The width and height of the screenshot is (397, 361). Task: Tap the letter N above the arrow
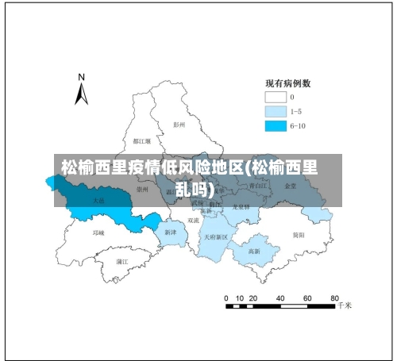coord(81,78)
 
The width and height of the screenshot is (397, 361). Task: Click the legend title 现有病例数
coord(287,83)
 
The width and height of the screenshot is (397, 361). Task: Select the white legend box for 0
coord(275,97)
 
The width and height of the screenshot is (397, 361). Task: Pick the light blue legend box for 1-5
coord(275,111)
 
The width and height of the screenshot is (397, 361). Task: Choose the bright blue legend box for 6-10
coord(275,125)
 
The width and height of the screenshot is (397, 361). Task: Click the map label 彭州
coord(179,125)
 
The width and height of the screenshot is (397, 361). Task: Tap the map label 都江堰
coord(142,141)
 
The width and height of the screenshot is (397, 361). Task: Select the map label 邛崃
coord(98,233)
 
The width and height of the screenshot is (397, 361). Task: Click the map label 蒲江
coord(122,260)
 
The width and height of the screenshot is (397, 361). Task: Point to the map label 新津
coord(171,232)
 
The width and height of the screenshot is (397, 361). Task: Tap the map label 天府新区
coord(216,236)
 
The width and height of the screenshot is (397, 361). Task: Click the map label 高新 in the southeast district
coord(255,251)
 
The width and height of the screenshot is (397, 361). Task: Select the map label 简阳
coord(299,235)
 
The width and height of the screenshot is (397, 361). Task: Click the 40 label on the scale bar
coord(280,298)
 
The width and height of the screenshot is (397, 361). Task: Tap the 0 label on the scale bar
coord(226,298)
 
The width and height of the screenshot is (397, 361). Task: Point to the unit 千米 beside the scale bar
coord(345,305)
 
